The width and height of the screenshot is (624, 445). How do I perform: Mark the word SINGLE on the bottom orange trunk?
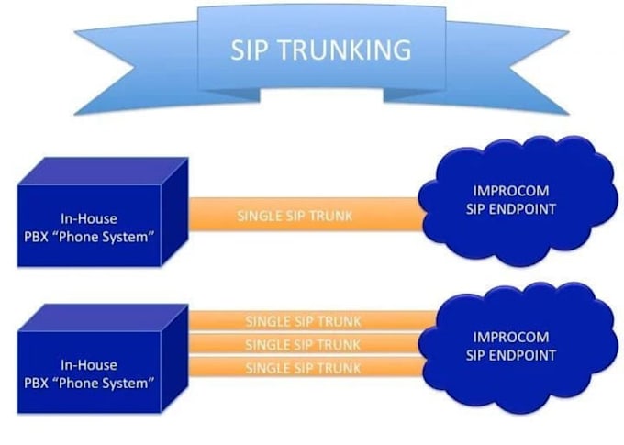point(266,368)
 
